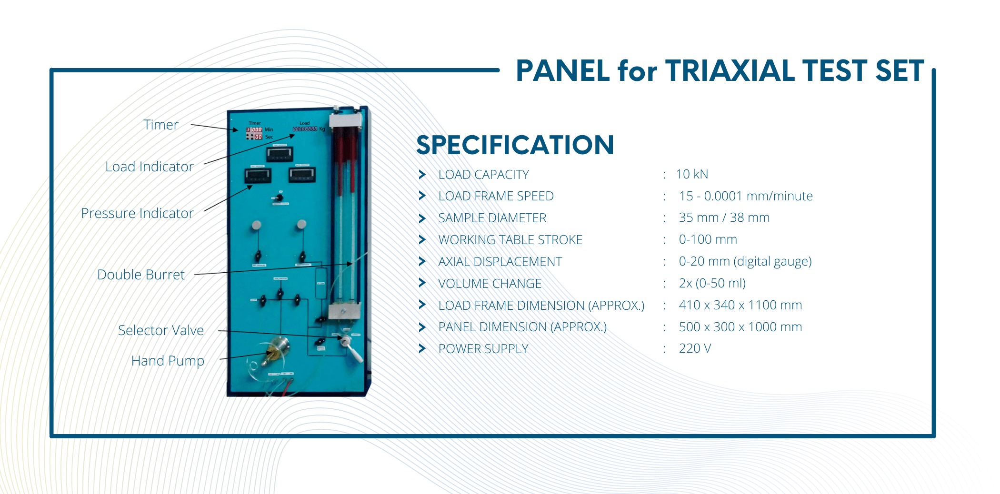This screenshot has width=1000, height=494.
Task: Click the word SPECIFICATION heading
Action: [515, 145]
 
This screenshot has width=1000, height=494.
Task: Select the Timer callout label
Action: [161, 125]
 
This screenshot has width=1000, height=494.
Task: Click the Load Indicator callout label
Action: [149, 167]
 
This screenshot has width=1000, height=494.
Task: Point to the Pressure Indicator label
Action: [137, 213]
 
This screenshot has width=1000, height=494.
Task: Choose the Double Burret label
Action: [141, 275]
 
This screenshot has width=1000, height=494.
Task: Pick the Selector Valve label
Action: [161, 330]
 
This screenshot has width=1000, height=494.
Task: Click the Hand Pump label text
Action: [168, 361]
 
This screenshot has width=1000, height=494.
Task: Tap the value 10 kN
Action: [692, 174]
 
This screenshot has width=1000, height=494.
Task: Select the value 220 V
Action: [695, 348]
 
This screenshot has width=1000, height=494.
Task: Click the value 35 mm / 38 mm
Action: [724, 217]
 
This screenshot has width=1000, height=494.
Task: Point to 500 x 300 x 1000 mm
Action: [740, 327]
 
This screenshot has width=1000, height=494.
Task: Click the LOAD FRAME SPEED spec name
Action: [496, 196]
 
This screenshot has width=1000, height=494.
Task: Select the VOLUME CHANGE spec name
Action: [490, 284]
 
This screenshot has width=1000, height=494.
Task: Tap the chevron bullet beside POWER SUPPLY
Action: [422, 348]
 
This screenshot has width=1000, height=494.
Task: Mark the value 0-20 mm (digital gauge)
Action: [745, 261]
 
